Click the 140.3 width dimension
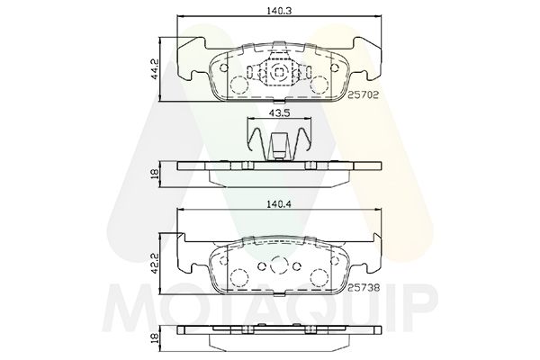pos(279,11)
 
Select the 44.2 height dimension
pos(155,69)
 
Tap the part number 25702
pos(363,94)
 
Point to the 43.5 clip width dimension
pos(279,112)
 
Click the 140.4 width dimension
pos(279,203)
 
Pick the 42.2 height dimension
pos(155,263)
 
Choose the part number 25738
pos(363,287)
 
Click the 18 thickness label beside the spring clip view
pos(155,174)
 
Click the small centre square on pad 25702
pos(279,72)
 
